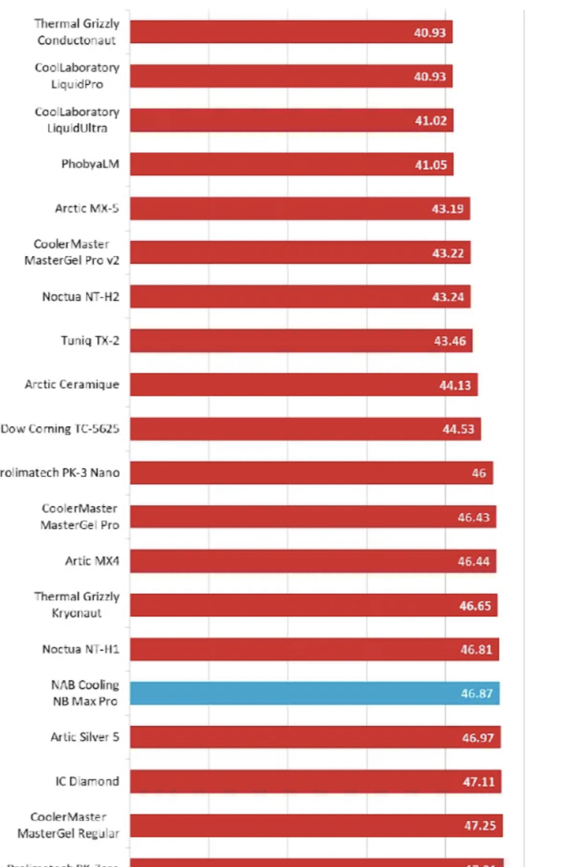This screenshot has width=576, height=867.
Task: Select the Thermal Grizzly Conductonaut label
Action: coord(77,32)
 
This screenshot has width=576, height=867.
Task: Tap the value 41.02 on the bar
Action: coord(430,121)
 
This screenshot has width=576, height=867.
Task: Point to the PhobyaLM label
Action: coord(90,164)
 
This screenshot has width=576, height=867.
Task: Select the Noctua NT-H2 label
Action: coord(81,296)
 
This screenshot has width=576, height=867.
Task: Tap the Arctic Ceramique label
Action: coord(72,384)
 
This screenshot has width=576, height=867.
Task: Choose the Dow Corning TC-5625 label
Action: coord(60,429)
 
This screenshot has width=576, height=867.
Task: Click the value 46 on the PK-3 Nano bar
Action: coord(478,473)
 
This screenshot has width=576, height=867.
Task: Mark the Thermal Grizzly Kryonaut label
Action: coord(77,605)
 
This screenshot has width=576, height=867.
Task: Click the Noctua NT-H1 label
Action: coord(81,649)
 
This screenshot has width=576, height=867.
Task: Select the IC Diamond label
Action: coord(88,781)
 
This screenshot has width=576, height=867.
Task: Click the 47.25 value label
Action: coord(480,826)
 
